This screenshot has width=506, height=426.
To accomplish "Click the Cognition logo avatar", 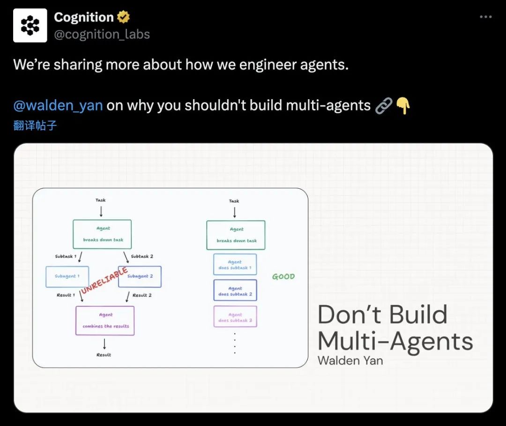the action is [30, 25].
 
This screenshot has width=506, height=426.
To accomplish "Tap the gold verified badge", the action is [123, 17].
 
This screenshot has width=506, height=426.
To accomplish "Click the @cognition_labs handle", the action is [102, 34].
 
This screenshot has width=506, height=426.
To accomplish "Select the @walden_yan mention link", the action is [58, 105].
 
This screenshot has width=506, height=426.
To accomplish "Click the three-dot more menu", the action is [486, 17].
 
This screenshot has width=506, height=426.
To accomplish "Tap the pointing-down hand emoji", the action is [403, 105].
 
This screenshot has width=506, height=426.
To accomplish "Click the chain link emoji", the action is [384, 106].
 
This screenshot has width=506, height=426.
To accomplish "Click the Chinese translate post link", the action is [35, 125].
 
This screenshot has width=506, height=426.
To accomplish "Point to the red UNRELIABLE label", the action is [104, 280].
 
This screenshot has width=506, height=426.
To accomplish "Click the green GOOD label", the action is [283, 276].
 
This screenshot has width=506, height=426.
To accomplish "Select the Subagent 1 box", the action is [67, 277].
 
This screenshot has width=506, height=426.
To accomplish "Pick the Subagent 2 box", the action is [140, 277].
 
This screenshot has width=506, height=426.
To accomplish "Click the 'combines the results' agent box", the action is [105, 321].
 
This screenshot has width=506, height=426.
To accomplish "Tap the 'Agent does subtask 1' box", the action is [235, 264].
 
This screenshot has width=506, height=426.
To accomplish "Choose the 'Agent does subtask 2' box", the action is [235, 291].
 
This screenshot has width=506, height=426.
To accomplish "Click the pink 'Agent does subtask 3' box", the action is [235, 316].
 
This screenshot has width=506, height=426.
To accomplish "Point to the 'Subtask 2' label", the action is [142, 257].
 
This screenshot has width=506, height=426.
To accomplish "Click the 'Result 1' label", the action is [66, 295].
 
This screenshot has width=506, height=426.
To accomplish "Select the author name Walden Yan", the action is [350, 360].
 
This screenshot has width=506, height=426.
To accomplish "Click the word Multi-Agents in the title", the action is [395, 341].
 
